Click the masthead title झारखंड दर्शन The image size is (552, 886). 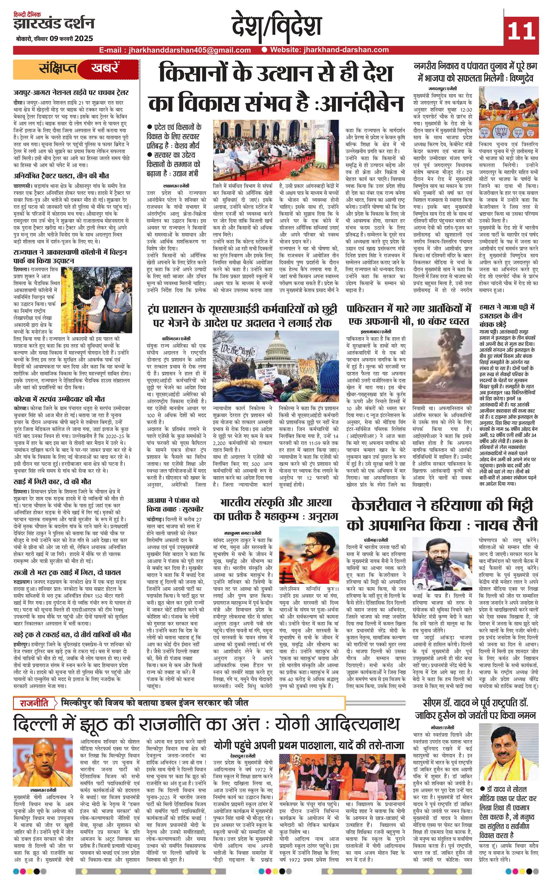[x=54, y=24]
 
